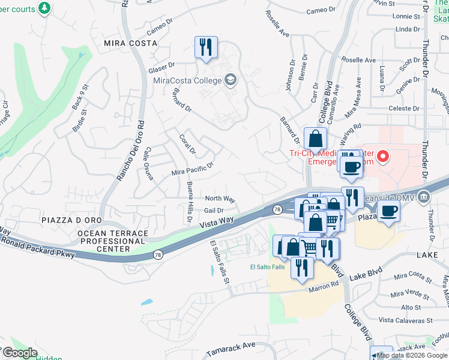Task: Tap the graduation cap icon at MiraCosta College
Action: pos(230,80)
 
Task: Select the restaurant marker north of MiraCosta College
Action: pos(205,47)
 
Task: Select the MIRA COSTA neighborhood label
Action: pos(130,43)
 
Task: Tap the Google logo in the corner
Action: pos(19,353)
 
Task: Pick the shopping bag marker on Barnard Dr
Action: pos(315,139)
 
